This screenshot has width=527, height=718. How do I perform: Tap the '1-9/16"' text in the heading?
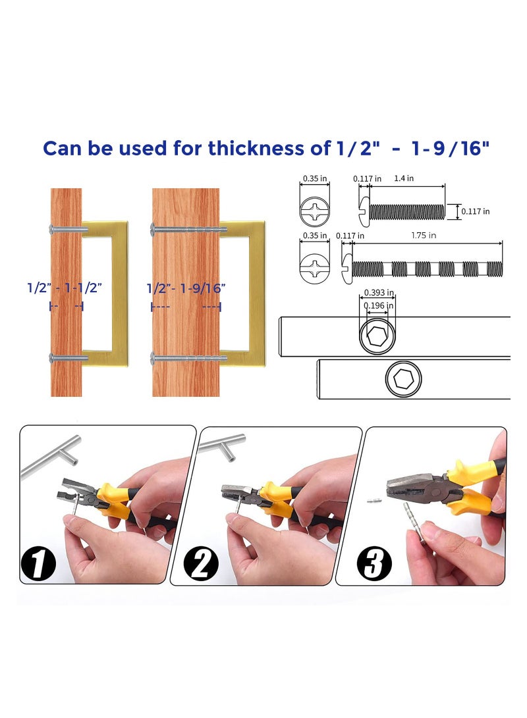(455, 149)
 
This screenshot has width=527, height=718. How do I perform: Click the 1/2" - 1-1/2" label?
(65, 288)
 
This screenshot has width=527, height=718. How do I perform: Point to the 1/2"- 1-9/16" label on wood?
(186, 288)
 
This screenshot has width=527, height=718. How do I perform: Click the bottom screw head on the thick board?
(154, 359)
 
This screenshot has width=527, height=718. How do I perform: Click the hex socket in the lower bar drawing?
(403, 379)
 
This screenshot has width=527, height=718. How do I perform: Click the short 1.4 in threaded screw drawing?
(402, 211)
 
